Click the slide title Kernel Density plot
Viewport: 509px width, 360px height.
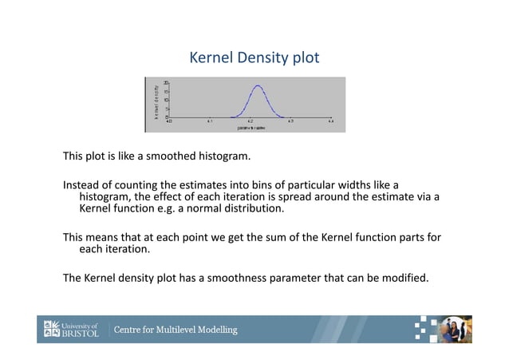[x=254, y=58]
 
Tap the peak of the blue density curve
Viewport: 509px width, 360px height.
[x=257, y=86]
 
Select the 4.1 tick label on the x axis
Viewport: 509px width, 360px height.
[x=209, y=121]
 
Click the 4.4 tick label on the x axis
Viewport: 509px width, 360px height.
[x=330, y=121]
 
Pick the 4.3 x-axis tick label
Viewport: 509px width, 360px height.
[x=290, y=121]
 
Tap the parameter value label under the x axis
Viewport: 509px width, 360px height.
[x=251, y=128]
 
